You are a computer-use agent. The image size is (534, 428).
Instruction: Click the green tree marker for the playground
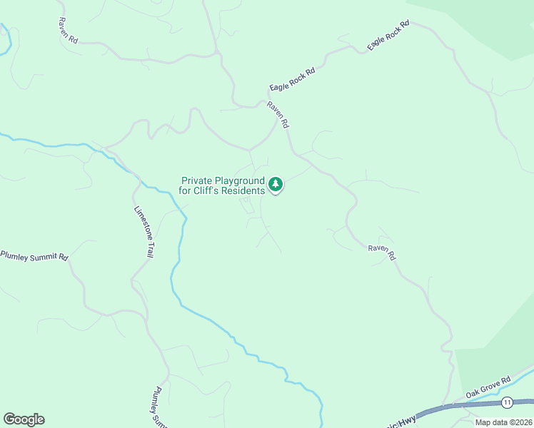click(x=276, y=185)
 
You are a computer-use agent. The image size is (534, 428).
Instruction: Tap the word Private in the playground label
click(x=198, y=181)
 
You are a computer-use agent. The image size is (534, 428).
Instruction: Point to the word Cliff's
click(x=210, y=191)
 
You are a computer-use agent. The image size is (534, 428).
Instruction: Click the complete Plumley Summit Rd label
click(x=34, y=256)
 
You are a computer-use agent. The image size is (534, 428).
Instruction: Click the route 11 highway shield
click(x=507, y=402)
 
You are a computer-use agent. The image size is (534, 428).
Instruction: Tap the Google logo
click(x=24, y=419)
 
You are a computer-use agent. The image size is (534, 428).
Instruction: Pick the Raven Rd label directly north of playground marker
click(x=278, y=114)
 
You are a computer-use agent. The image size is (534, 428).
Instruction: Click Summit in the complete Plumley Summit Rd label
click(x=43, y=256)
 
